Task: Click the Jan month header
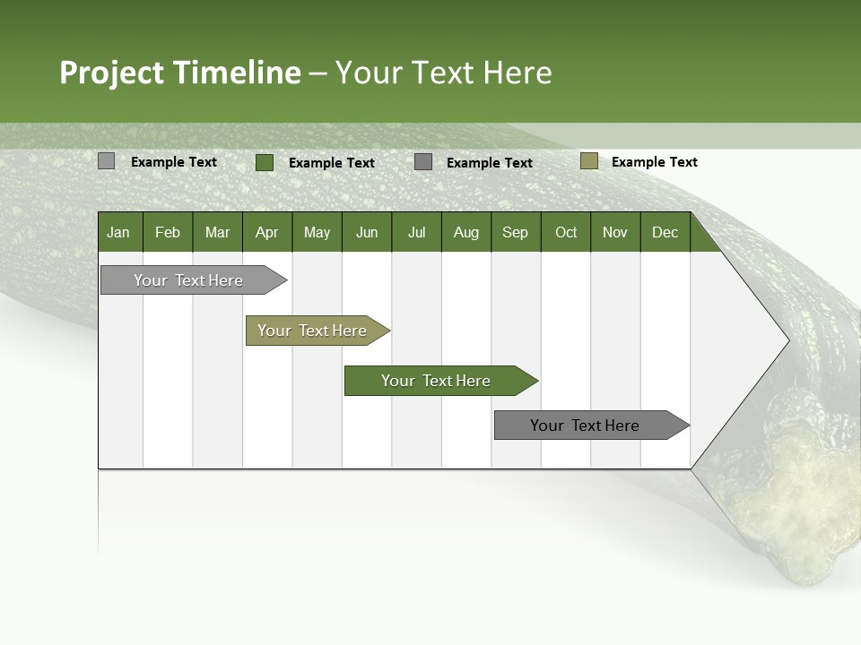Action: click(x=118, y=232)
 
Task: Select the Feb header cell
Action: click(x=168, y=232)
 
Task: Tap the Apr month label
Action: click(x=266, y=232)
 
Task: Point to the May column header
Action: click(x=317, y=232)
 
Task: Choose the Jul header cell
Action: click(x=416, y=232)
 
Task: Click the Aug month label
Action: click(x=465, y=232)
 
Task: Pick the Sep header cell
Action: click(x=515, y=232)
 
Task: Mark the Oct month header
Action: click(x=566, y=232)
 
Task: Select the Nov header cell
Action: click(x=615, y=232)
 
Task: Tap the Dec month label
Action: click(x=665, y=232)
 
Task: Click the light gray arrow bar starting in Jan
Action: click(x=188, y=280)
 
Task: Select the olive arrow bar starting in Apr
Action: click(x=312, y=331)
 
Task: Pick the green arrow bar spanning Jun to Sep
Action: click(x=436, y=381)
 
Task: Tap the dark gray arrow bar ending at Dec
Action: click(x=585, y=426)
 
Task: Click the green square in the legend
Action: click(x=265, y=162)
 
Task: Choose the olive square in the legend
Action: click(x=588, y=161)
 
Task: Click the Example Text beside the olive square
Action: click(x=654, y=162)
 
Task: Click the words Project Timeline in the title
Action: click(x=180, y=73)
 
